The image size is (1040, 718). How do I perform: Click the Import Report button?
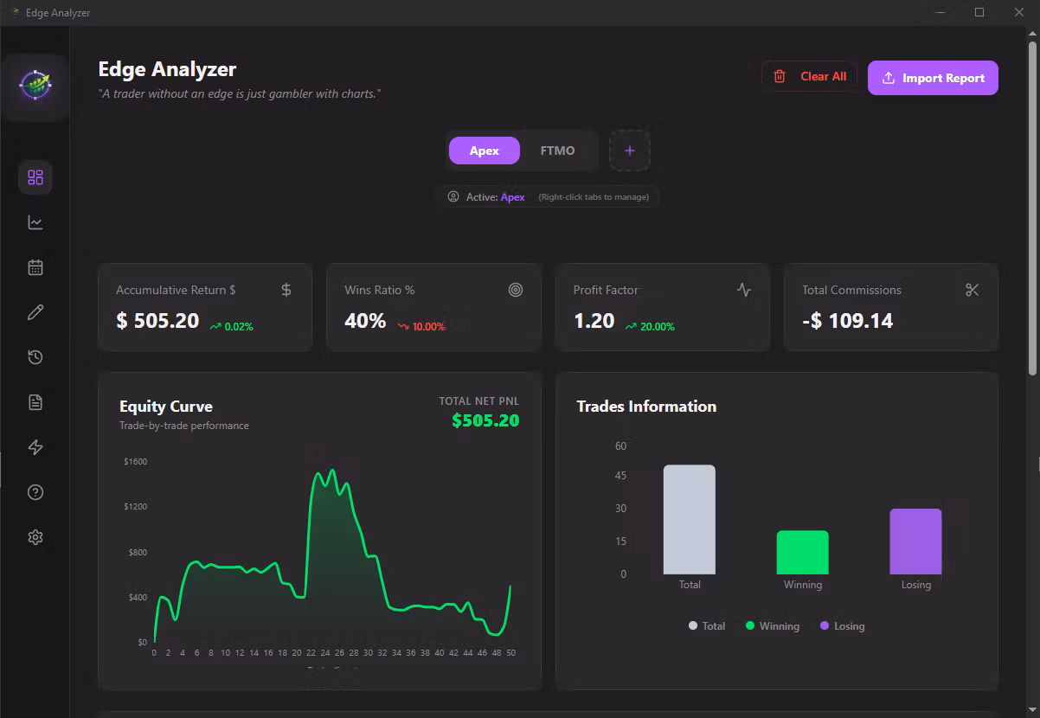933,78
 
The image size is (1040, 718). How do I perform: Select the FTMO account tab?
557,151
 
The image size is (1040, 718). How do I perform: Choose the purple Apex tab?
485,151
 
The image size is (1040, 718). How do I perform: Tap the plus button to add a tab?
630,151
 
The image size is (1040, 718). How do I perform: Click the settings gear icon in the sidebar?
35,537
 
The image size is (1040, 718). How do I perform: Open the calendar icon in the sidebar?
35,267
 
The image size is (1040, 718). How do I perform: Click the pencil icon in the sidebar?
35,312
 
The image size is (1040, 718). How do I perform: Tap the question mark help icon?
35,492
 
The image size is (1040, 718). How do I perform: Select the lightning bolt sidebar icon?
35,447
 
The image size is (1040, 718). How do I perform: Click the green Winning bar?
802,552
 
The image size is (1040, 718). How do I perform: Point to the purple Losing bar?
915,542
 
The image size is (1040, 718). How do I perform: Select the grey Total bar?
690,519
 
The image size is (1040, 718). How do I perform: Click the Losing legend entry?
842,625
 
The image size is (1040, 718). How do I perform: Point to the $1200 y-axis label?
136,506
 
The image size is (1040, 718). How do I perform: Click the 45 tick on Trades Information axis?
620,475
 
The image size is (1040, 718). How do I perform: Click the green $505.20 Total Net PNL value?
485,420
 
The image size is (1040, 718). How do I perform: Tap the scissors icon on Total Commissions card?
972,290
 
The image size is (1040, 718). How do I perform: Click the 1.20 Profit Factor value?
594,321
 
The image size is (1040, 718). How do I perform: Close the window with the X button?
1019,12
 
